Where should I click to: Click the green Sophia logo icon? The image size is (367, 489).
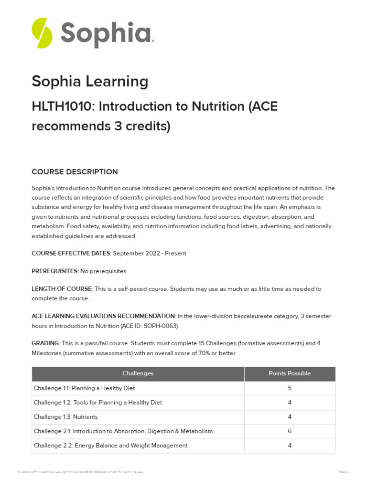click(42, 33)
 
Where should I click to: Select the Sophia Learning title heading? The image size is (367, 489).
click(90, 82)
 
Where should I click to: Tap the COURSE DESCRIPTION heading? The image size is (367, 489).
click(75, 172)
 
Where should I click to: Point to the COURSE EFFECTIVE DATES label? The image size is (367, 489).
click(71, 254)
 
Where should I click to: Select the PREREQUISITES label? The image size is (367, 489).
click(54, 271)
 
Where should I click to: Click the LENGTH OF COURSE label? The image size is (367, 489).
click(62, 289)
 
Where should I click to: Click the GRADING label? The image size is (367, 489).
click(45, 343)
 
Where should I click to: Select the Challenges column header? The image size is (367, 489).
click(138, 373)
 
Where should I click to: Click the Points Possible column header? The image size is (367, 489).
click(290, 373)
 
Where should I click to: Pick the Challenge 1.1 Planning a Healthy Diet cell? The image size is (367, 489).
click(87, 388)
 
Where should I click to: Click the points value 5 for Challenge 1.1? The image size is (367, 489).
click(290, 388)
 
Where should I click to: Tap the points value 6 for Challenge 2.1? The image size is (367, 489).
click(290, 431)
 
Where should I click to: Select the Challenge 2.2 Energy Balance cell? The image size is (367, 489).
click(110, 446)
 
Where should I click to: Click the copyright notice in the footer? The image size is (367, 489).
click(80, 472)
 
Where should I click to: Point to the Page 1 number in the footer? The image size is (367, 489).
click(344, 472)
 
